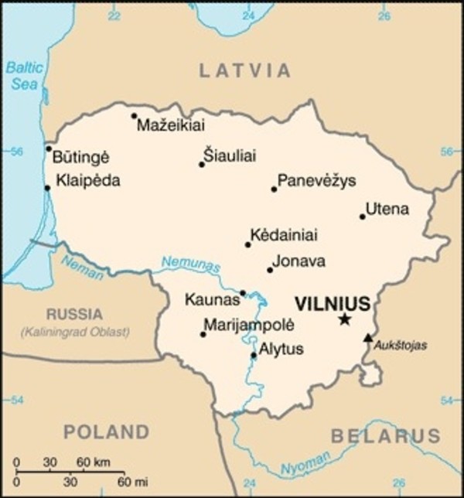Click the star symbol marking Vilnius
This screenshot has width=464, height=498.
[x=344, y=319]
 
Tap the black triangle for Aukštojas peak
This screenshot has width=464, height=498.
[x=368, y=337]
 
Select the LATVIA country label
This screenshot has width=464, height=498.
[x=245, y=71]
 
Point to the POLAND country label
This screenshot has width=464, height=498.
[x=106, y=431]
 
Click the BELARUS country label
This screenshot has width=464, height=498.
[x=385, y=436]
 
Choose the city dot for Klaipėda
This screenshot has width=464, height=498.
[x=48, y=187]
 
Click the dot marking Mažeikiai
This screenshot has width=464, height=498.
[x=134, y=116]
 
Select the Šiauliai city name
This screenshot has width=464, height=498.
[x=229, y=156]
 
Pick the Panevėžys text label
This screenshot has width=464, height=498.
[x=316, y=181]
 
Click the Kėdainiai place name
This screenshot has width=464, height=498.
[x=283, y=235]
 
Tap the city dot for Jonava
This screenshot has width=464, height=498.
[x=270, y=270]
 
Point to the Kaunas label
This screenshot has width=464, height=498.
[x=211, y=298]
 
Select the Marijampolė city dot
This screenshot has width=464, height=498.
[x=203, y=334]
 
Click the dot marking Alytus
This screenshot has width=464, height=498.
[x=254, y=356]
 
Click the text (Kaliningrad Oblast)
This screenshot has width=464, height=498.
[x=75, y=332]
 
